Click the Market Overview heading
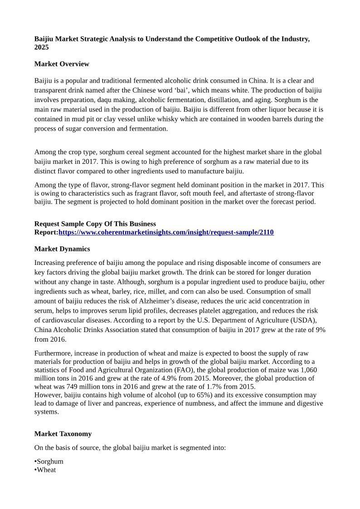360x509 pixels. click(62, 64)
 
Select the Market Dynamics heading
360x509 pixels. click(62, 249)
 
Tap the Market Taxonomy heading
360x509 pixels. click(63, 434)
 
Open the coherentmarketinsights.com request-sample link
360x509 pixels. click(166, 232)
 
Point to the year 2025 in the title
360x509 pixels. click(41, 47)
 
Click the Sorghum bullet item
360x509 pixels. click(50, 461)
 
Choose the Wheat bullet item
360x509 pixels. click(46, 470)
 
